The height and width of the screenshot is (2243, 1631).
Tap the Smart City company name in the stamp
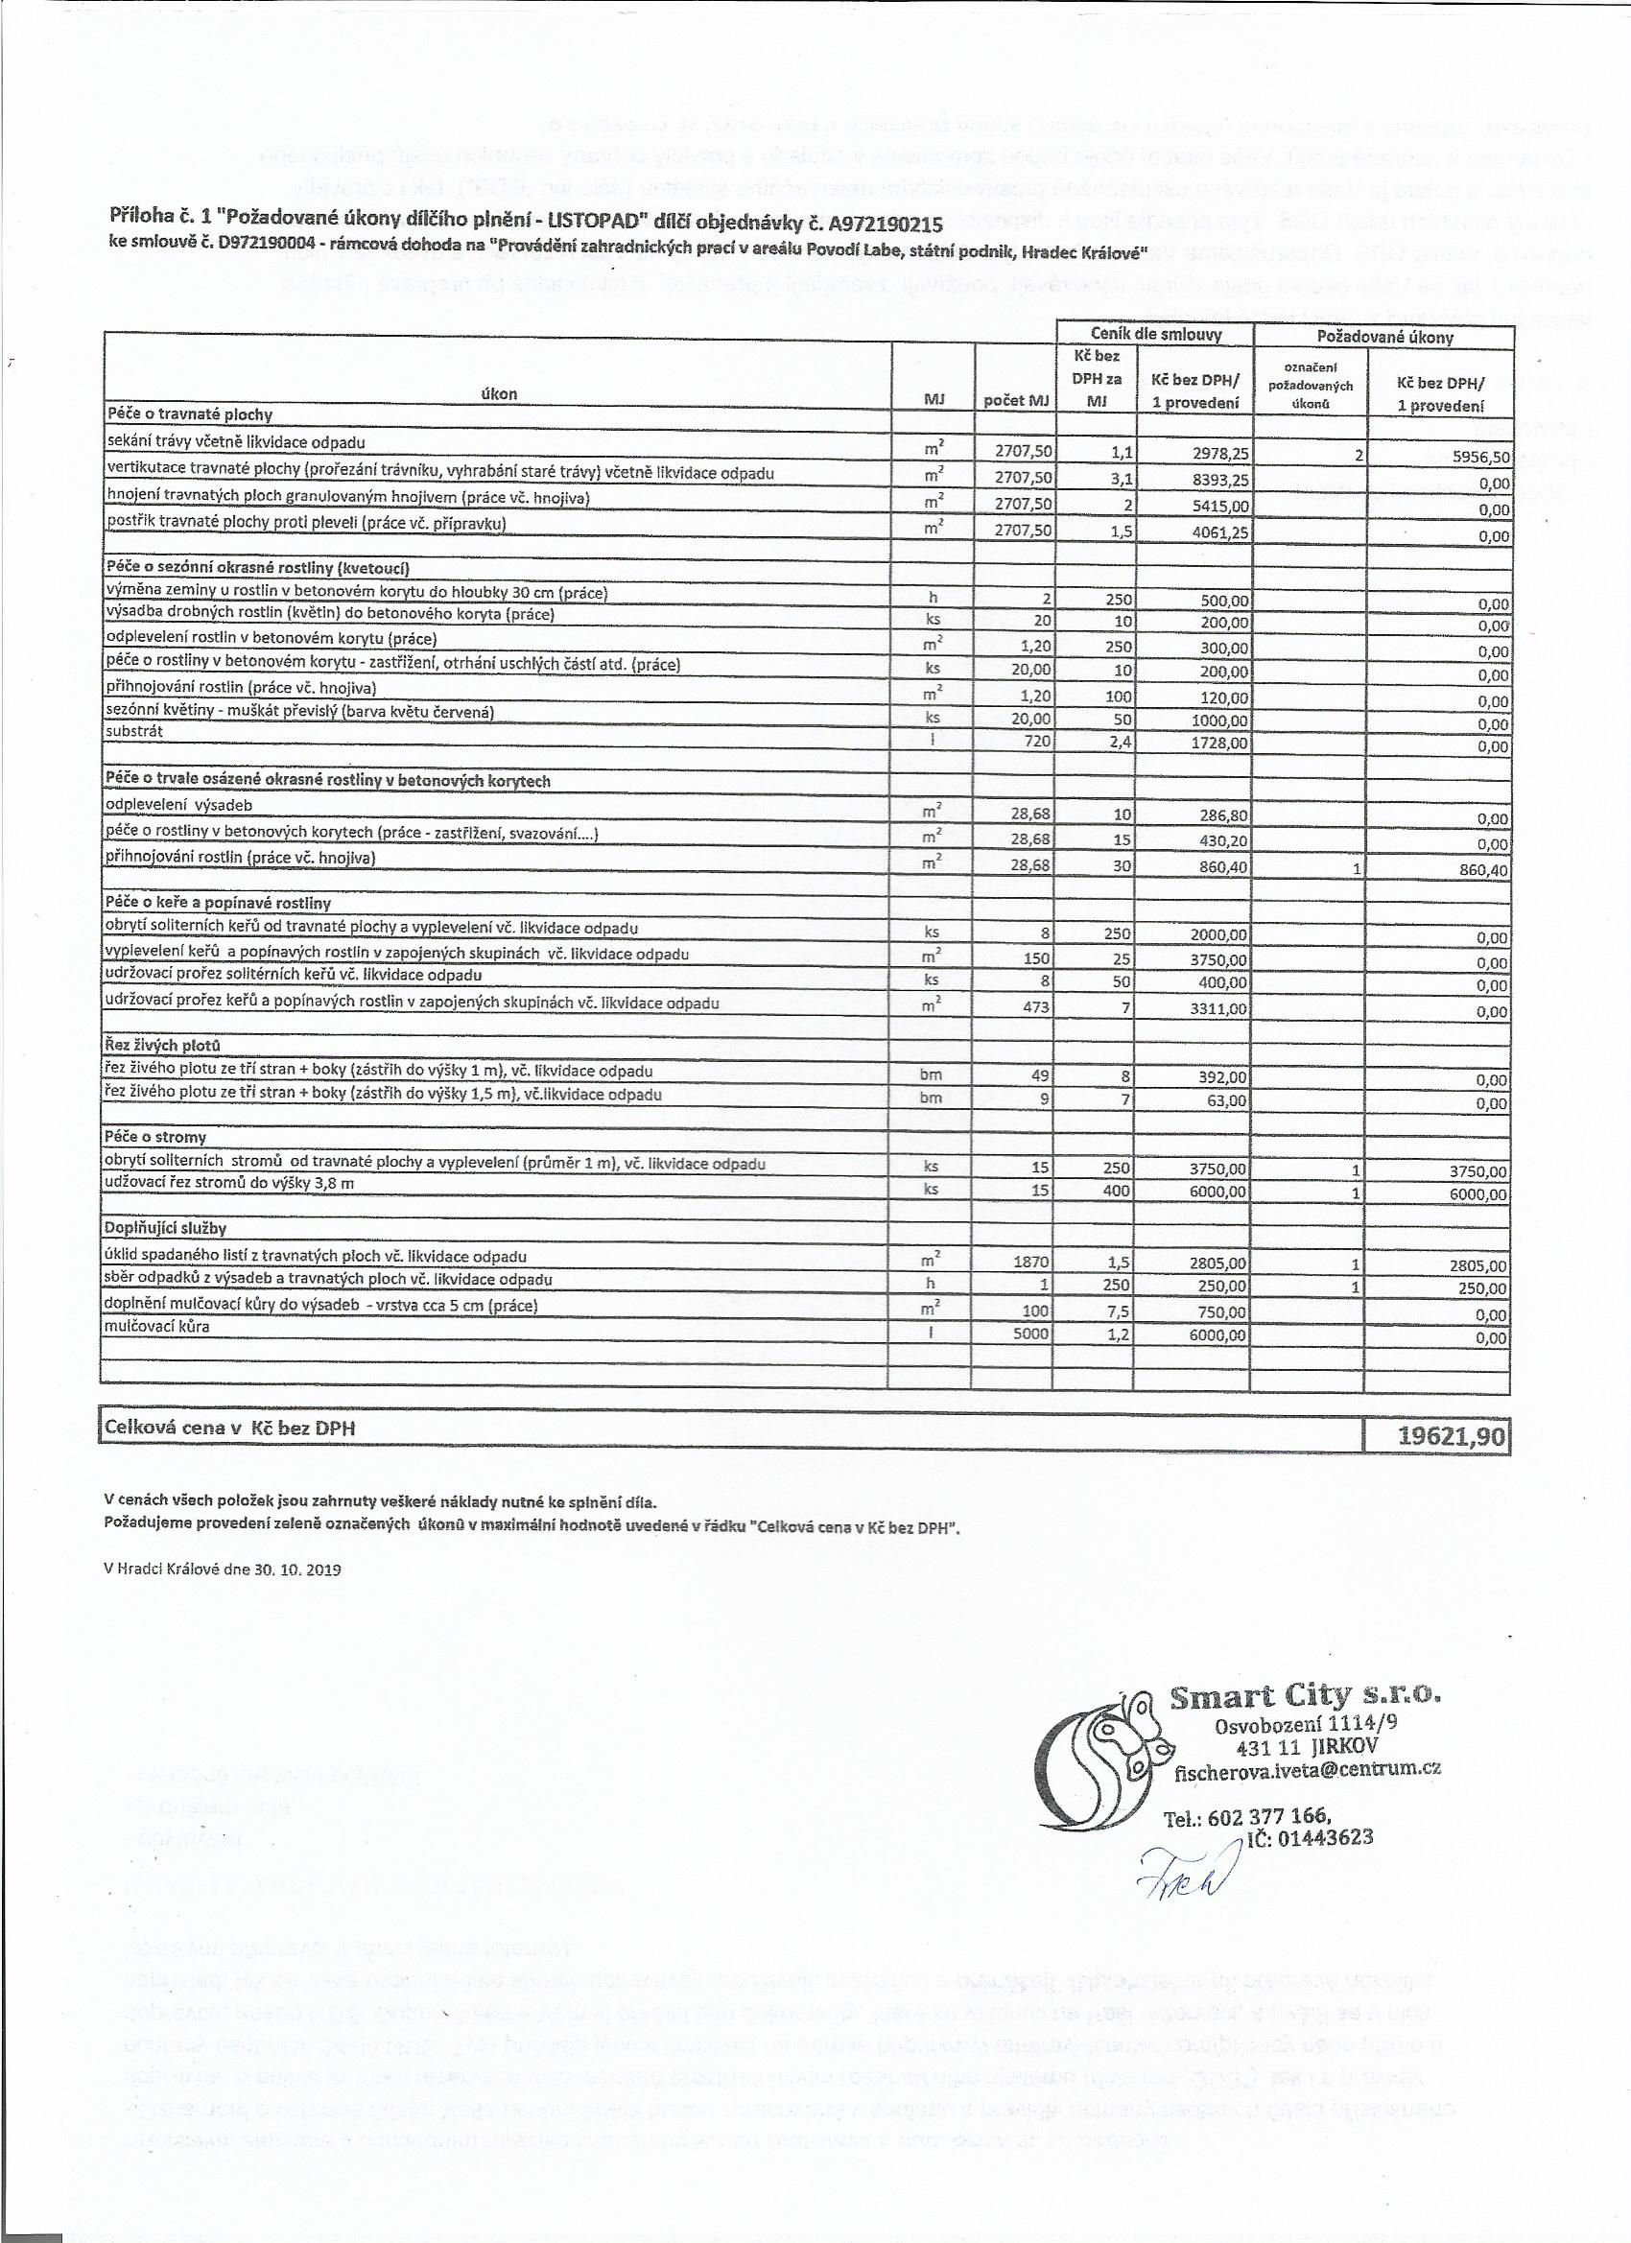pyautogui.click(x=1305, y=1698)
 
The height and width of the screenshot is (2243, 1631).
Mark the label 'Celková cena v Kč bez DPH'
pyautogui.click(x=230, y=1428)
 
